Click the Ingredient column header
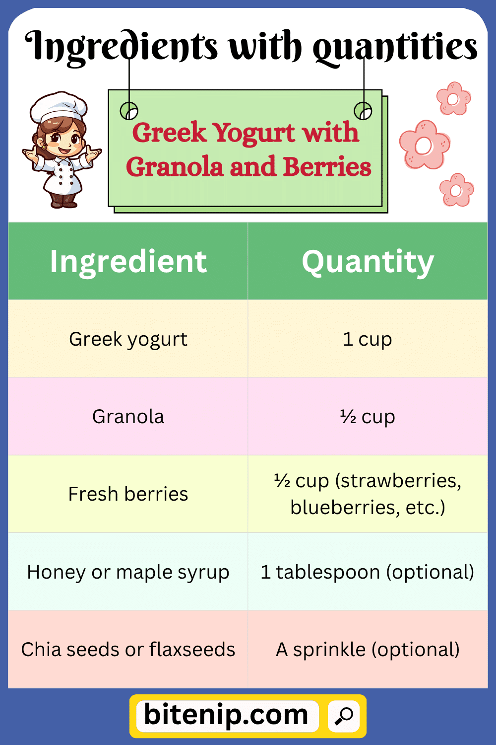[x=128, y=261]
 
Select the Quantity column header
[x=368, y=261]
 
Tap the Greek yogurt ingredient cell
[x=128, y=339]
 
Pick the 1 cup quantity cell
[x=368, y=339]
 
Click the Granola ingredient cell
[x=128, y=416]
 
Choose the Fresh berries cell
[x=128, y=494]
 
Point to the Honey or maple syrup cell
[x=128, y=572]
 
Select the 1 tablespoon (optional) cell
[x=368, y=572]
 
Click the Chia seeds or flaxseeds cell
[x=128, y=649]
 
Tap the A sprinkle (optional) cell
[x=368, y=649]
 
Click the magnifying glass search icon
[x=344, y=716]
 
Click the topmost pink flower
[x=453, y=99]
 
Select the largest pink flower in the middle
[x=424, y=145]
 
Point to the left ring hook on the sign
[x=129, y=111]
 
